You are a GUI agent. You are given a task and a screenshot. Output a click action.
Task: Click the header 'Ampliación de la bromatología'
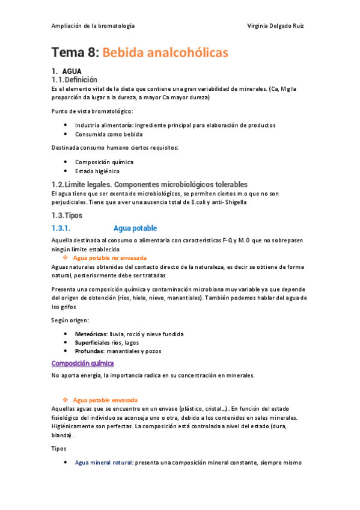93,26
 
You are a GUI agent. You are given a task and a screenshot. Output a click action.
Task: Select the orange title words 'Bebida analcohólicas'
165,53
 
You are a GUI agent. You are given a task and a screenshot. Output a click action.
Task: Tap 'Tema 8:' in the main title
75,53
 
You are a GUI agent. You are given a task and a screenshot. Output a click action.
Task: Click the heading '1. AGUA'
68,71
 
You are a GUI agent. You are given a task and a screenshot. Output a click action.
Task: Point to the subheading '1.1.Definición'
75,79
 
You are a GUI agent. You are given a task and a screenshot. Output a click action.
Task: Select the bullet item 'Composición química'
104,162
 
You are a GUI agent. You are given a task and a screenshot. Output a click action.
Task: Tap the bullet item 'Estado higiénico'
97,171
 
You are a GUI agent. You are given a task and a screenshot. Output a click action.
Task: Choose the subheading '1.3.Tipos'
67,215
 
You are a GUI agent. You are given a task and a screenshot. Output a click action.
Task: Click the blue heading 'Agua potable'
135,229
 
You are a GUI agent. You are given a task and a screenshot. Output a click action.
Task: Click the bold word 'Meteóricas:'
91,334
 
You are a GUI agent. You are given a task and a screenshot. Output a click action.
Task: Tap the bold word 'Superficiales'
93,342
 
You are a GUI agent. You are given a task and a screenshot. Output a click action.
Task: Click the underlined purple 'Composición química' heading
82,363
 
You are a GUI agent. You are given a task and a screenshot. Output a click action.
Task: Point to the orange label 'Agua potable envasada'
105,400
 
